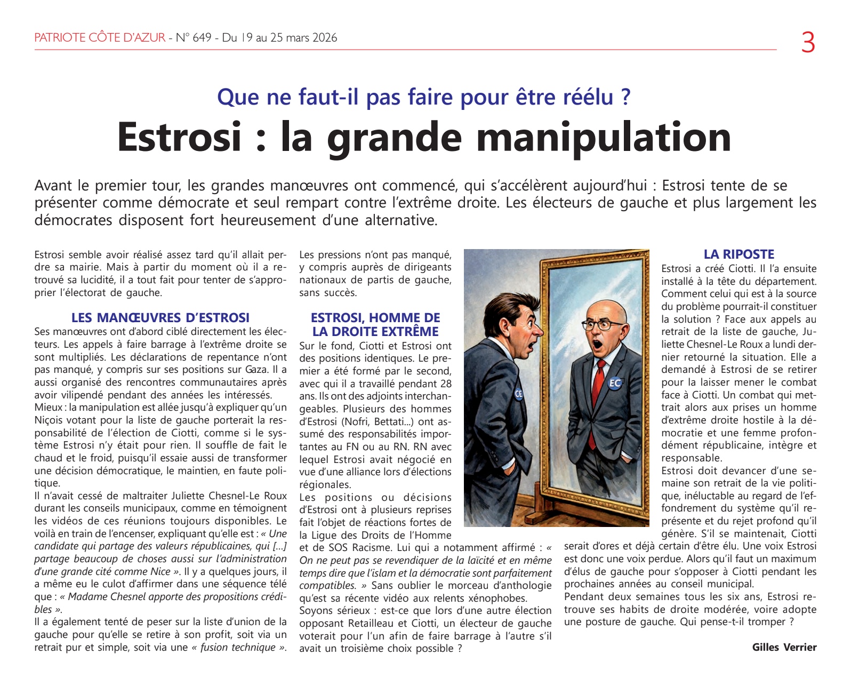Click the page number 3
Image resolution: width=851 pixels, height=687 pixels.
(808, 42)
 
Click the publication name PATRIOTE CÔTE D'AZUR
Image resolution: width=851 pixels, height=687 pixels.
(100, 38)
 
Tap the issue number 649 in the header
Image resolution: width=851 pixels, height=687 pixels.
(202, 38)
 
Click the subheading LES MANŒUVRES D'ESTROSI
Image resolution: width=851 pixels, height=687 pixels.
(160, 318)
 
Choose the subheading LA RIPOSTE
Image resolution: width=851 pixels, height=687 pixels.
(738, 254)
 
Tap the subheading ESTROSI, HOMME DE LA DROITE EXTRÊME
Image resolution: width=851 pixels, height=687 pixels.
(375, 325)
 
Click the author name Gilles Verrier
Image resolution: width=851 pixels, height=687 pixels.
(784, 647)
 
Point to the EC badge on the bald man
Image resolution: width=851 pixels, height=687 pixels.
(615, 382)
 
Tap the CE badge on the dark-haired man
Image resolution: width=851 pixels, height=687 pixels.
(519, 394)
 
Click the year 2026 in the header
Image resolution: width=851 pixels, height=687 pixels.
(325, 38)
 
